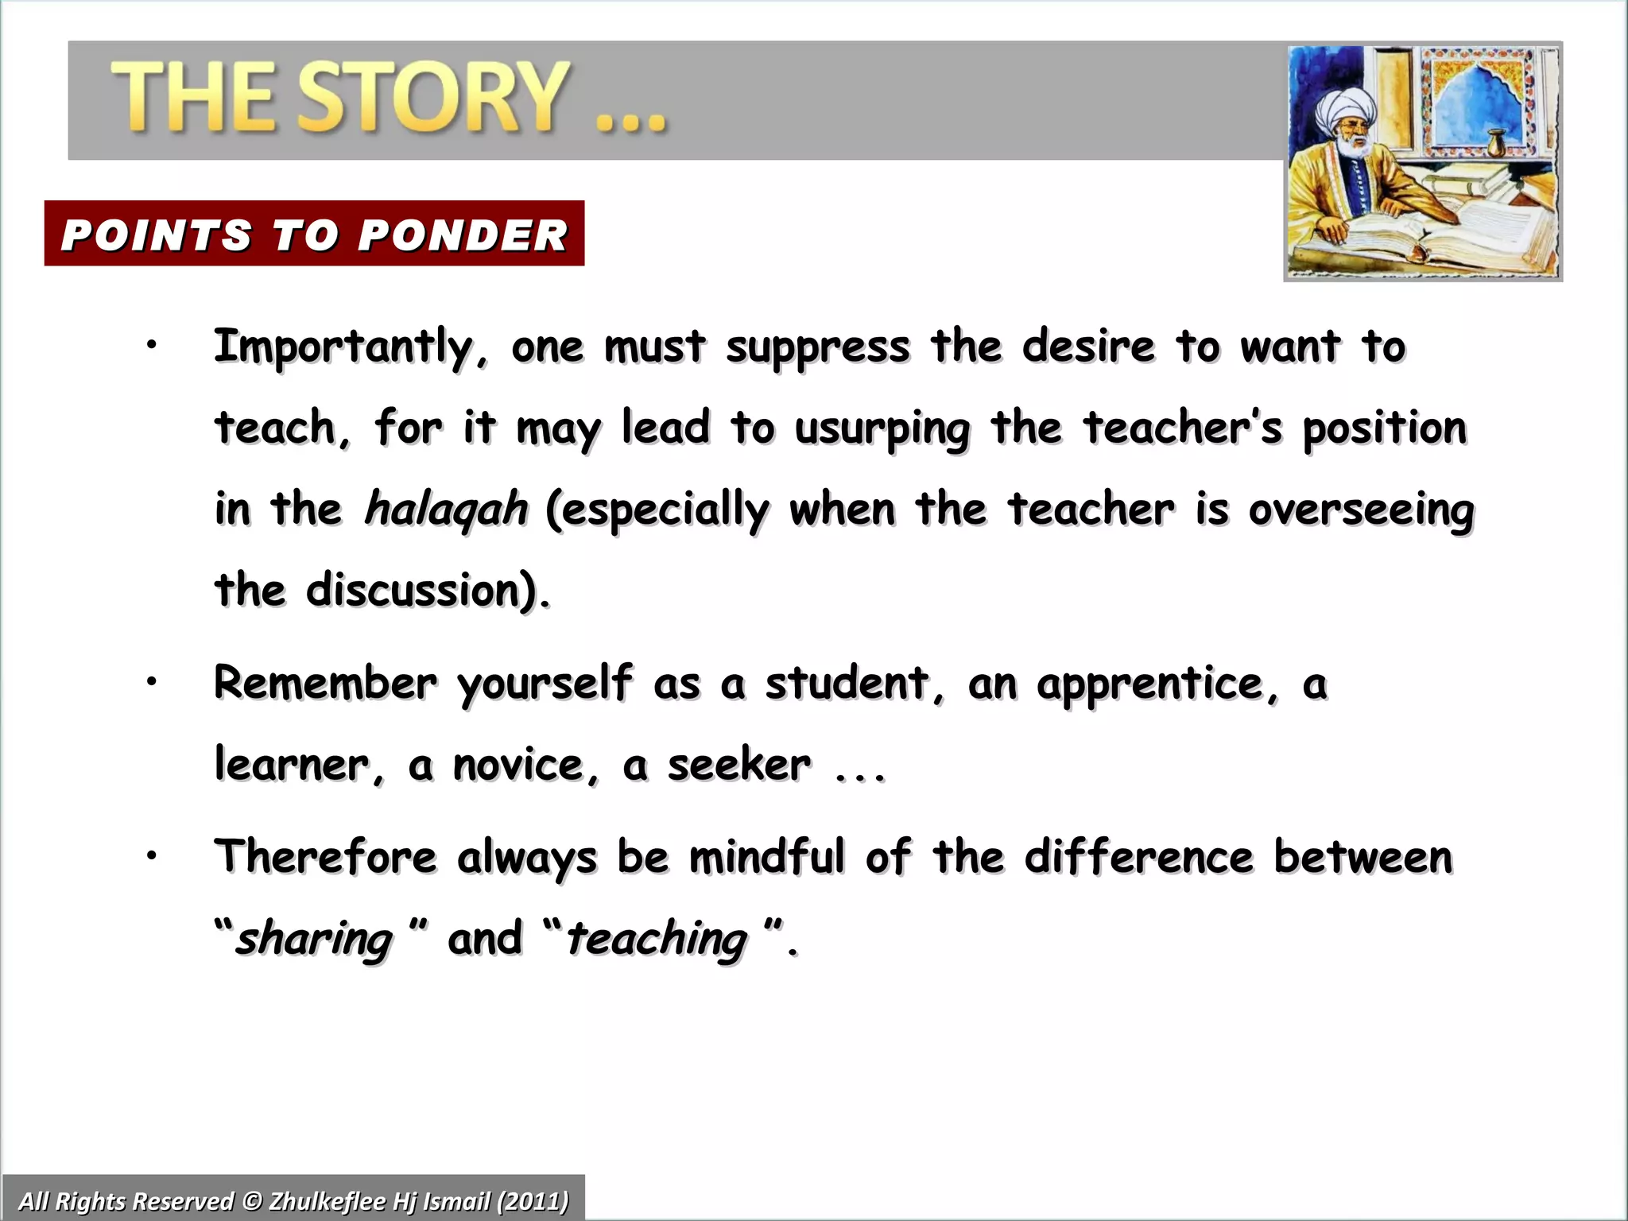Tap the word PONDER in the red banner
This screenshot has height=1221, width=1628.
(x=463, y=235)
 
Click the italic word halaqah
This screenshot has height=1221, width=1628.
(x=446, y=509)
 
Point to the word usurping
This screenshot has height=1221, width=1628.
(x=882, y=429)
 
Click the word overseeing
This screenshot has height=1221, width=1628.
(x=1361, y=510)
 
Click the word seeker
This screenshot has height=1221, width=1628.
(x=739, y=766)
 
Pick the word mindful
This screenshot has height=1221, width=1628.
(x=766, y=858)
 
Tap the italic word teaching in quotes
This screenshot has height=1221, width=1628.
(x=657, y=939)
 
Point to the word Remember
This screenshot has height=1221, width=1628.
(x=325, y=683)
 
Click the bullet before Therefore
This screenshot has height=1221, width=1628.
(x=151, y=855)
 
